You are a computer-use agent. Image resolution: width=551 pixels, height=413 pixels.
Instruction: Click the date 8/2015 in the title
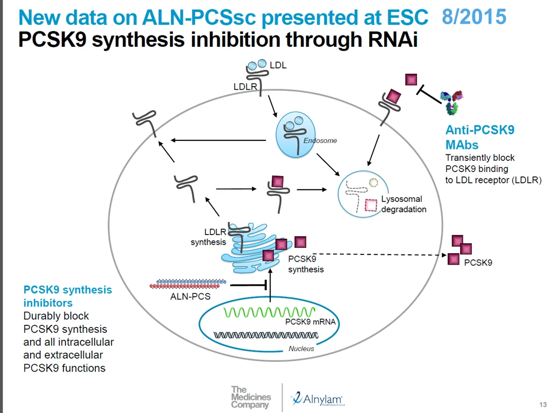474,17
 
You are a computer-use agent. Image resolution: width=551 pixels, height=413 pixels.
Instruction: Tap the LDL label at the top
278,65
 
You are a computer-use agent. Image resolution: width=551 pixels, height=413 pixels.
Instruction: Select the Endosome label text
320,140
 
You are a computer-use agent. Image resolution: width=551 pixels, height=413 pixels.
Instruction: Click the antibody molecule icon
452,103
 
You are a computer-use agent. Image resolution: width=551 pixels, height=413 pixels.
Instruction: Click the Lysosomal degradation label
404,204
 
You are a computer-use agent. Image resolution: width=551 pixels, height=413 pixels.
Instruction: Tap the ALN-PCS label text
190,296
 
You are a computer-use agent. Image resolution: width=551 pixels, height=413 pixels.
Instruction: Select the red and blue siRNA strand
188,284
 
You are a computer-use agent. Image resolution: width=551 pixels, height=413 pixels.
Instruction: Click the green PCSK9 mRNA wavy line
269,312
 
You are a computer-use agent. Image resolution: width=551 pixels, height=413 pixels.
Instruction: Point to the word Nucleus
301,348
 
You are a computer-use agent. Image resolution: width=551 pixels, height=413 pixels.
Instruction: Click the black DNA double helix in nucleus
266,336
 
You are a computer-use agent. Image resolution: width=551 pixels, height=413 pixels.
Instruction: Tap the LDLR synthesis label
208,237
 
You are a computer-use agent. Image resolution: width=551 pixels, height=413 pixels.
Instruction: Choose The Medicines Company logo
251,397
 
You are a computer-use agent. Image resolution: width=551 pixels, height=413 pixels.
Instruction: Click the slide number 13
543,404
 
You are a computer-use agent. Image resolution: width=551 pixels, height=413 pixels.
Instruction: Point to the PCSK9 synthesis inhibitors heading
67,296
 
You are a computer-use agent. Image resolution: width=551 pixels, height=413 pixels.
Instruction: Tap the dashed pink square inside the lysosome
370,205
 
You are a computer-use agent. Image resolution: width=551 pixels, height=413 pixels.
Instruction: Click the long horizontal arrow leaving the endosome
218,140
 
